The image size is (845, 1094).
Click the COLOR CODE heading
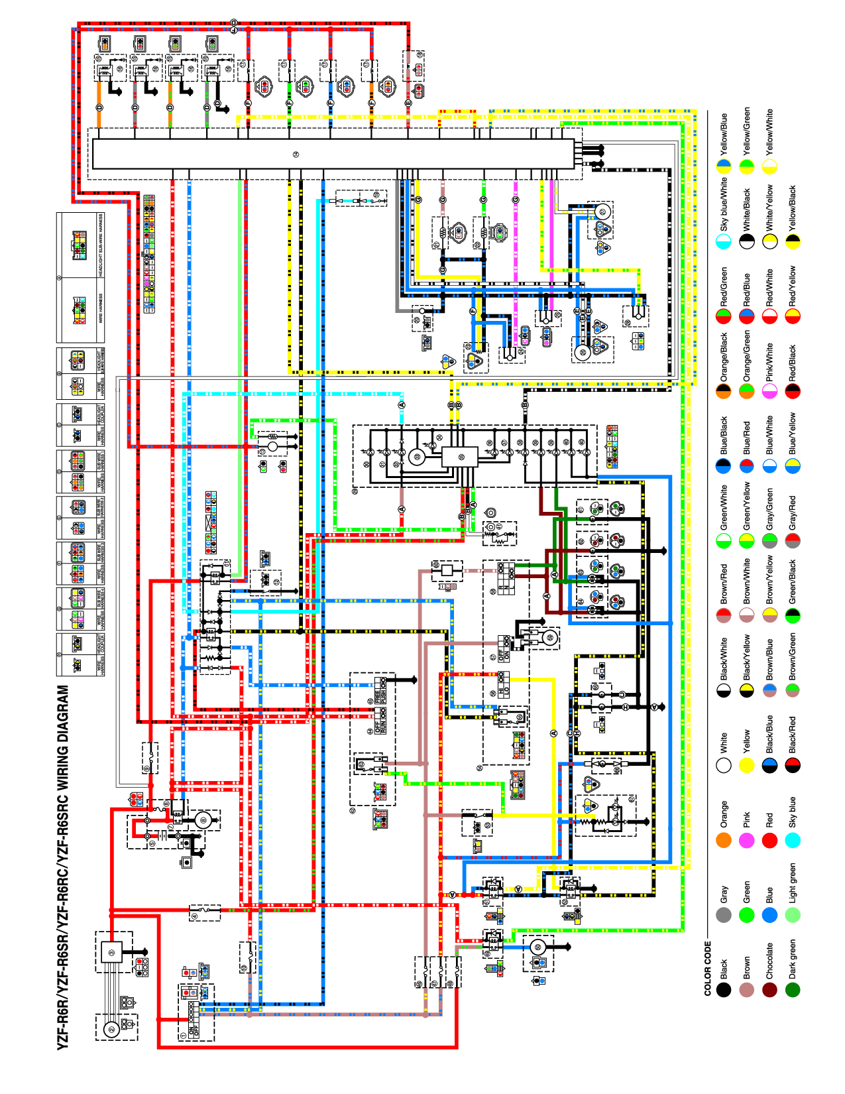(707, 968)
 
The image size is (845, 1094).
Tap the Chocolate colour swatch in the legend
(769, 990)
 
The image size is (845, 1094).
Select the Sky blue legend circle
(793, 840)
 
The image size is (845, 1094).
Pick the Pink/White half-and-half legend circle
(769, 391)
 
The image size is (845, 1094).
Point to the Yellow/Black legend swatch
(793, 241)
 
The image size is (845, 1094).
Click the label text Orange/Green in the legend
(747, 355)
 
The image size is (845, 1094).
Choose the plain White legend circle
(724, 765)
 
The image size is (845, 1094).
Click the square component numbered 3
(111, 953)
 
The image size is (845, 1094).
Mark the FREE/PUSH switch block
(380, 690)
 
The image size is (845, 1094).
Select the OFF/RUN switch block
(380, 721)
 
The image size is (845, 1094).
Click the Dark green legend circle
(793, 990)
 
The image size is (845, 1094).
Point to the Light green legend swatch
(793, 915)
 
